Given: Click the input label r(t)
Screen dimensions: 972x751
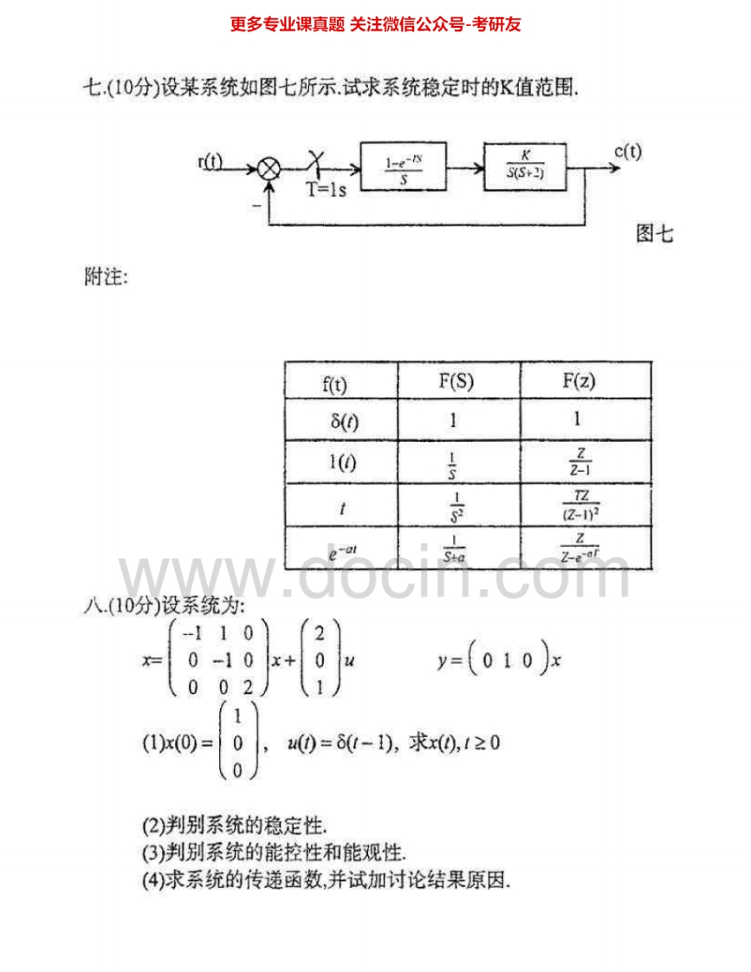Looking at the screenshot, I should (x=210, y=161).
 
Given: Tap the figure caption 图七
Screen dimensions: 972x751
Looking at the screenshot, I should (x=654, y=233).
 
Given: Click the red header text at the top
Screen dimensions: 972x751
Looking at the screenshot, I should (x=375, y=24).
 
